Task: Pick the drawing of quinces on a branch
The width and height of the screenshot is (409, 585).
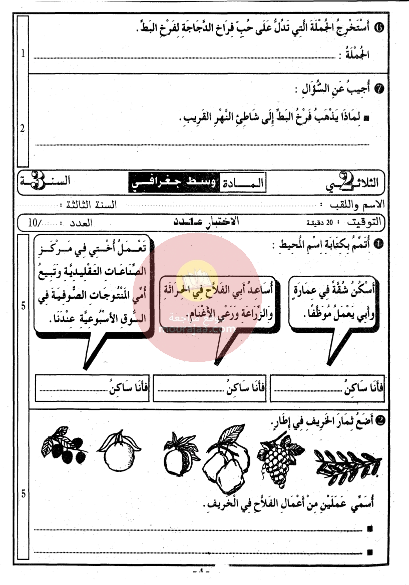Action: click(225, 453)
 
